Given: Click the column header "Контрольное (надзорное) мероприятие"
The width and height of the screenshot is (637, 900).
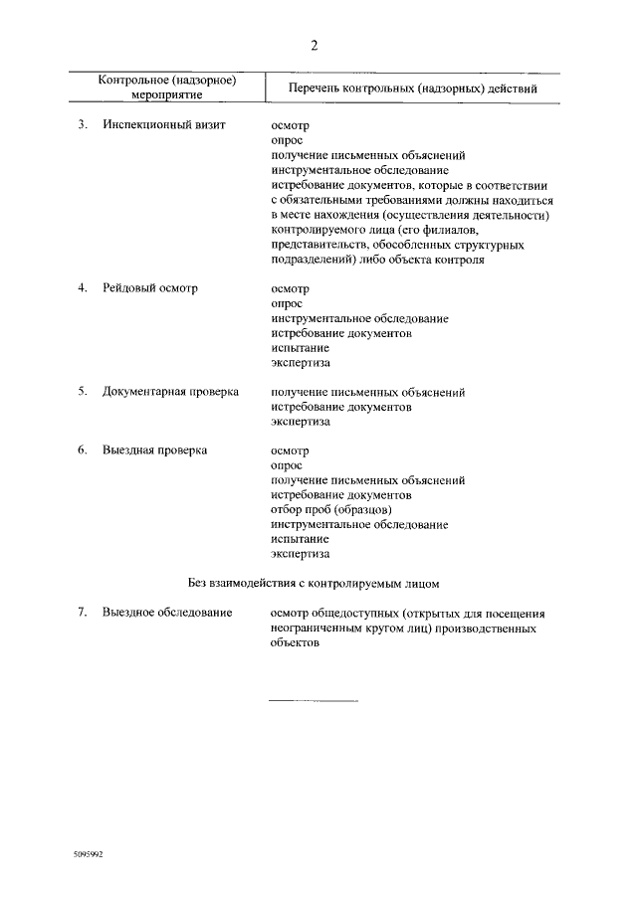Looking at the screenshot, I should pyautogui.click(x=166, y=88).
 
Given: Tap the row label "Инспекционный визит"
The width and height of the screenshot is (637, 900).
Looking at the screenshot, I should pyautogui.click(x=164, y=126).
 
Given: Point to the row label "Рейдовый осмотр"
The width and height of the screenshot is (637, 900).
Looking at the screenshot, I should pyautogui.click(x=150, y=288).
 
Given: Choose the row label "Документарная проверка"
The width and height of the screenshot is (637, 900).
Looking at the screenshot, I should pyautogui.click(x=170, y=392).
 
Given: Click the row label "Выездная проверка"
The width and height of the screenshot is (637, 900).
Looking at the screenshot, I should pyautogui.click(x=154, y=450).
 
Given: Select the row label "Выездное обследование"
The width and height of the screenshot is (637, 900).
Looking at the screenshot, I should pyautogui.click(x=167, y=613).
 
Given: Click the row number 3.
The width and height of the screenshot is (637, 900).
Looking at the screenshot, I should pyautogui.click(x=83, y=126).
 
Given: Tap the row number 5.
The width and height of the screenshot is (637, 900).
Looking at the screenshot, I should pyautogui.click(x=83, y=392).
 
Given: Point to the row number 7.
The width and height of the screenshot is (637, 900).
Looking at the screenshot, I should pyautogui.click(x=83, y=613).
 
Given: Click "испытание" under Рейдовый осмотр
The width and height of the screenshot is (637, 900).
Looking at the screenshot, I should pyautogui.click(x=300, y=348).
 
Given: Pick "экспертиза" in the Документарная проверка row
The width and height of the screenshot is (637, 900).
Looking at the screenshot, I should pyautogui.click(x=301, y=422).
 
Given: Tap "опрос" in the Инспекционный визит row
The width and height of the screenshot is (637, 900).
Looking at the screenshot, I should pyautogui.click(x=287, y=141).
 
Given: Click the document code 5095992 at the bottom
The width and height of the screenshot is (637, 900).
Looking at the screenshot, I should pyautogui.click(x=88, y=855).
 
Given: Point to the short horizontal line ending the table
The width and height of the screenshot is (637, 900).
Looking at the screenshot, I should pyautogui.click(x=314, y=701).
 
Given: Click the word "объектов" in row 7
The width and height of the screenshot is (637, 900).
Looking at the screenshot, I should pyautogui.click(x=296, y=642).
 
